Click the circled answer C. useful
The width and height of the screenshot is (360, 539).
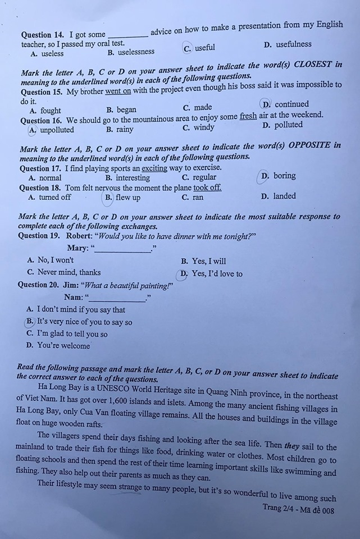pyautogui.click(x=200, y=48)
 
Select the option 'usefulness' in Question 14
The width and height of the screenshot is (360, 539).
pyautogui.click(x=293, y=44)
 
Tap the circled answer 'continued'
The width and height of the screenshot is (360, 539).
pyautogui.click(x=286, y=104)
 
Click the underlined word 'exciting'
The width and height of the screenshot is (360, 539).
pyautogui.click(x=154, y=167)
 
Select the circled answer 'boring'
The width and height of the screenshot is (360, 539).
pyautogui.click(x=279, y=176)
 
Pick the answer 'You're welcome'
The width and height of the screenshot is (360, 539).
pyautogui.click(x=63, y=346)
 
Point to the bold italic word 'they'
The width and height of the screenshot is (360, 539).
pyautogui.click(x=291, y=446)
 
